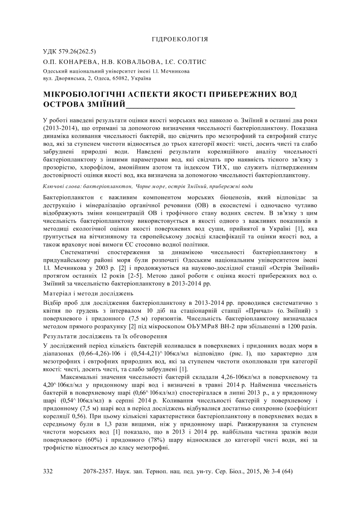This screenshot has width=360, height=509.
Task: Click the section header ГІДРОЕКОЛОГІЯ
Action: tap(180, 40)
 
